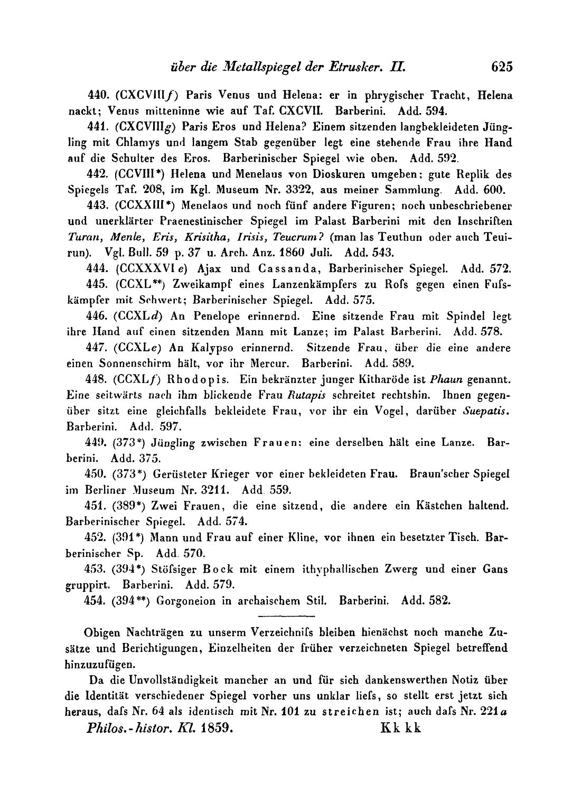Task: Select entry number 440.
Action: coord(95,96)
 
